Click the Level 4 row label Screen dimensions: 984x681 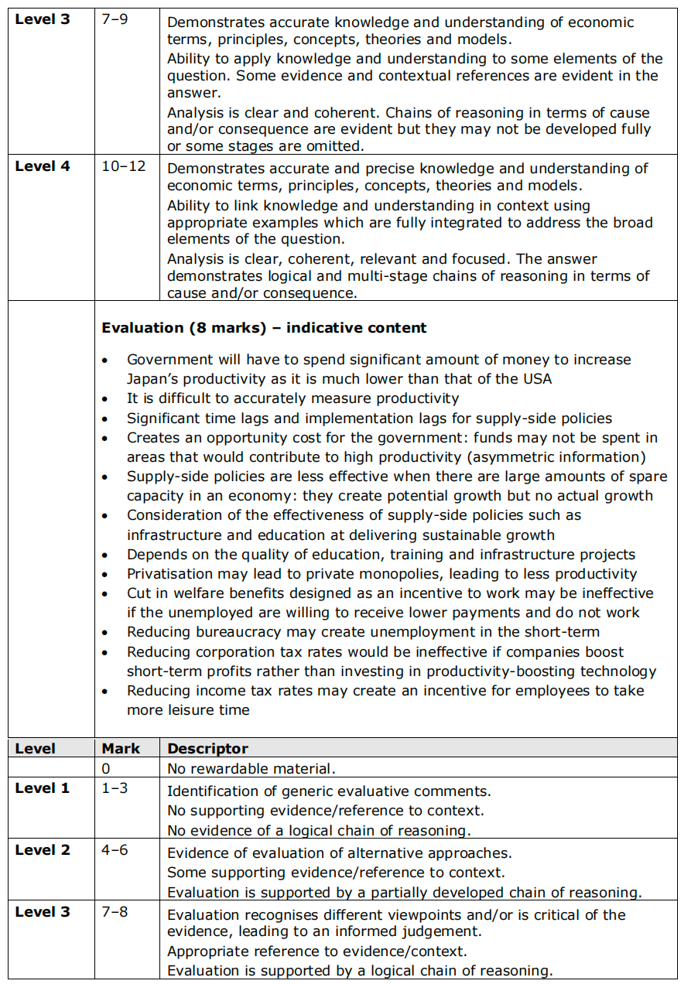pos(43,166)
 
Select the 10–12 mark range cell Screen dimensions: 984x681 pos(124,166)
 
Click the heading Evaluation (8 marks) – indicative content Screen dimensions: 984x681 pos(264,328)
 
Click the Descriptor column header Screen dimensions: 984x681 pos(207,749)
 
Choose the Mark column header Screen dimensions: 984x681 pos(121,749)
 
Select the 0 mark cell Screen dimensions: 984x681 pos(106,769)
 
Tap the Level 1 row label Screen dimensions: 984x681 pos(43,788)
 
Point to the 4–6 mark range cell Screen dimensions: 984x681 pos(115,850)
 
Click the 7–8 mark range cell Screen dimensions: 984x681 pos(115,912)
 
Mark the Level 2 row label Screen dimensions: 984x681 pos(43,850)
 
